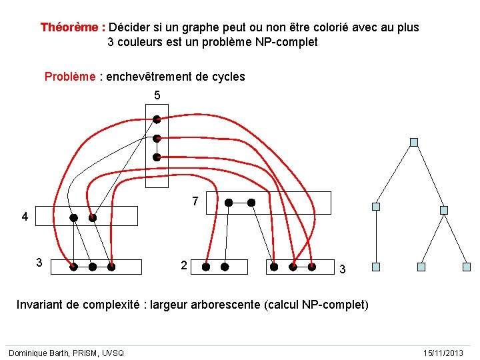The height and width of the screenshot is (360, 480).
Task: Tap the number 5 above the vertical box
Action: [x=157, y=95]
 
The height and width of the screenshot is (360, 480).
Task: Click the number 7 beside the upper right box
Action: [x=195, y=201]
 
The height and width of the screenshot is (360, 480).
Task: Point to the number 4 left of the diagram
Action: [x=25, y=217]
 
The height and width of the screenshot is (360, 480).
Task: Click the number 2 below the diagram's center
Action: [x=183, y=265]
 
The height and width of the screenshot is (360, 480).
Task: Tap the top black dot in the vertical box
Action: [x=157, y=120]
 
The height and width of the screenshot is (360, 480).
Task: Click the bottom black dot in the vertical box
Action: [x=157, y=157]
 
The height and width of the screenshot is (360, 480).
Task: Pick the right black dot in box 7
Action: [x=251, y=202]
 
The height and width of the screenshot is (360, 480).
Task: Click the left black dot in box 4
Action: [x=74, y=217]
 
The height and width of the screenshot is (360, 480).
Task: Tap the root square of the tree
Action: [x=414, y=142]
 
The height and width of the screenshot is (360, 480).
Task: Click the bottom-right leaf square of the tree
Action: [x=467, y=267]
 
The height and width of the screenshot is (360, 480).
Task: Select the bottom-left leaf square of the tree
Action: [x=376, y=267]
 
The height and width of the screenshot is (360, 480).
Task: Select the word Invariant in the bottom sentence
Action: [x=41, y=305]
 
